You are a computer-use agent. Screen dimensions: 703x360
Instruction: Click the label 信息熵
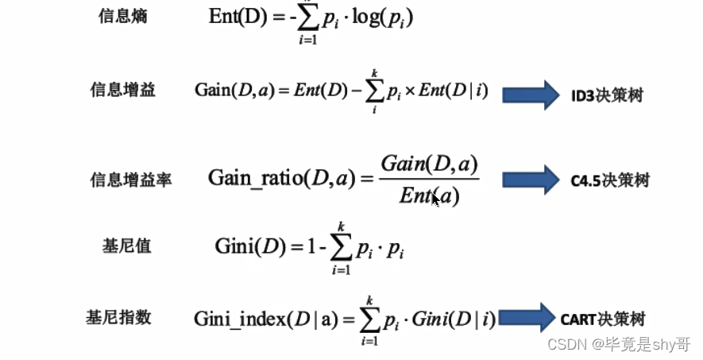pos(123,17)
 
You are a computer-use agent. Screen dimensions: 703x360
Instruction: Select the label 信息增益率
pos(131,180)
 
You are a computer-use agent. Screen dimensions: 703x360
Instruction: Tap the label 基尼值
pos(127,246)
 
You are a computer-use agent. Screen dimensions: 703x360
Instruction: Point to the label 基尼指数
pos(118,318)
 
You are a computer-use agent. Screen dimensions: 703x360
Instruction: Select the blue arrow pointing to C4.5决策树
pos(531,180)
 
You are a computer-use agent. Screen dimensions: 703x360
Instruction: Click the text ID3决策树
pos(607,96)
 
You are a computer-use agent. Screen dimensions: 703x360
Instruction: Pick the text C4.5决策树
pos(609,180)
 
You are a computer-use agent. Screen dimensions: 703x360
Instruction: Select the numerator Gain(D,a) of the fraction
pos(429,165)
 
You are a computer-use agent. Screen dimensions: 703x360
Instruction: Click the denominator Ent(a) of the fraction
pos(430,195)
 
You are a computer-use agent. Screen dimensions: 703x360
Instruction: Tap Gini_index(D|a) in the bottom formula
pos(268,319)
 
